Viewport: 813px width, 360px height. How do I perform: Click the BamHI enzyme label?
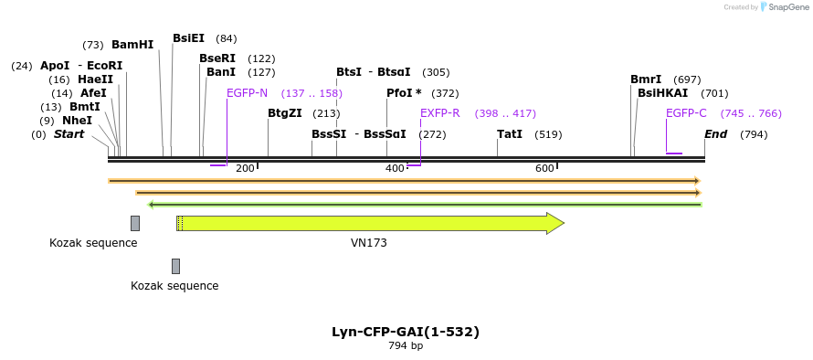tap(132, 45)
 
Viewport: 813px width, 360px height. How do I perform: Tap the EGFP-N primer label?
tap(247, 93)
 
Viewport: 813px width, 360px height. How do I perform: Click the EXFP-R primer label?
tap(439, 113)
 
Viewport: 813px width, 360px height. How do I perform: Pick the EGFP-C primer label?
tap(686, 113)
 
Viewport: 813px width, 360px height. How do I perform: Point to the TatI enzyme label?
tap(510, 134)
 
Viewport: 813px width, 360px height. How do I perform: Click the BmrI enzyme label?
tap(646, 79)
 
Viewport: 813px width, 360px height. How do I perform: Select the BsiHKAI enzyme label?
tap(662, 93)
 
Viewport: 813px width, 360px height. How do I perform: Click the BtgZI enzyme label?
tap(284, 113)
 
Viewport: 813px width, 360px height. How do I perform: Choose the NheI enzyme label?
tap(77, 121)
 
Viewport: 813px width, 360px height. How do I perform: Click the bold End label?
tap(715, 134)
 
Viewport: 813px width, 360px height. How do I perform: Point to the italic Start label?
tap(69, 134)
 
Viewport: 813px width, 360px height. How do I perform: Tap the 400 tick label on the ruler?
tap(395, 168)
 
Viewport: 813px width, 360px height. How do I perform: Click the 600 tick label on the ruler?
tap(544, 168)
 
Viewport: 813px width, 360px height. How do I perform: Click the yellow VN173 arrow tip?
tap(559, 223)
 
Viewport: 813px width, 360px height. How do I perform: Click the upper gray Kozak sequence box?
tap(135, 223)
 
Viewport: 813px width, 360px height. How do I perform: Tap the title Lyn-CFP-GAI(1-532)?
tap(406, 332)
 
